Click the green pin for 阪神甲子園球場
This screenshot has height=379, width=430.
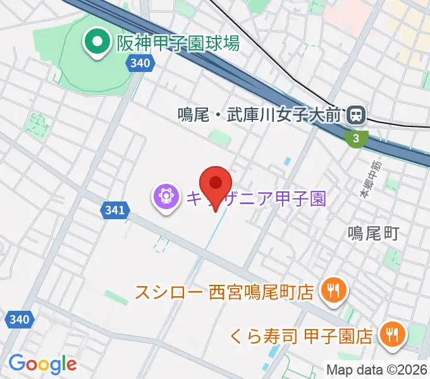click(x=97, y=44)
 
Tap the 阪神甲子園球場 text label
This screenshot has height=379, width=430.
click(x=178, y=44)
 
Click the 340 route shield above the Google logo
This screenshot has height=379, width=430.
click(x=20, y=320)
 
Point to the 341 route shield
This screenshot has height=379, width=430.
click(x=114, y=208)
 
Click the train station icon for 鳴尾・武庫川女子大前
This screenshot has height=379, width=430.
click(x=355, y=116)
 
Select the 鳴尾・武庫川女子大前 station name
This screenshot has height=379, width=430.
click(x=259, y=116)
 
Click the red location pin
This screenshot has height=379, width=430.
click(x=216, y=184)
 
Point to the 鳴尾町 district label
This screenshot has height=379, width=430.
click(x=373, y=233)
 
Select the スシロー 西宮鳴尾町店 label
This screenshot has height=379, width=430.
click(x=224, y=292)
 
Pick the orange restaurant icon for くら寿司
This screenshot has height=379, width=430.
click(x=392, y=334)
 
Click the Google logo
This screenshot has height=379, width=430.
click(x=42, y=364)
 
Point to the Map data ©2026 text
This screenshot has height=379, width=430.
click(x=377, y=370)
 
